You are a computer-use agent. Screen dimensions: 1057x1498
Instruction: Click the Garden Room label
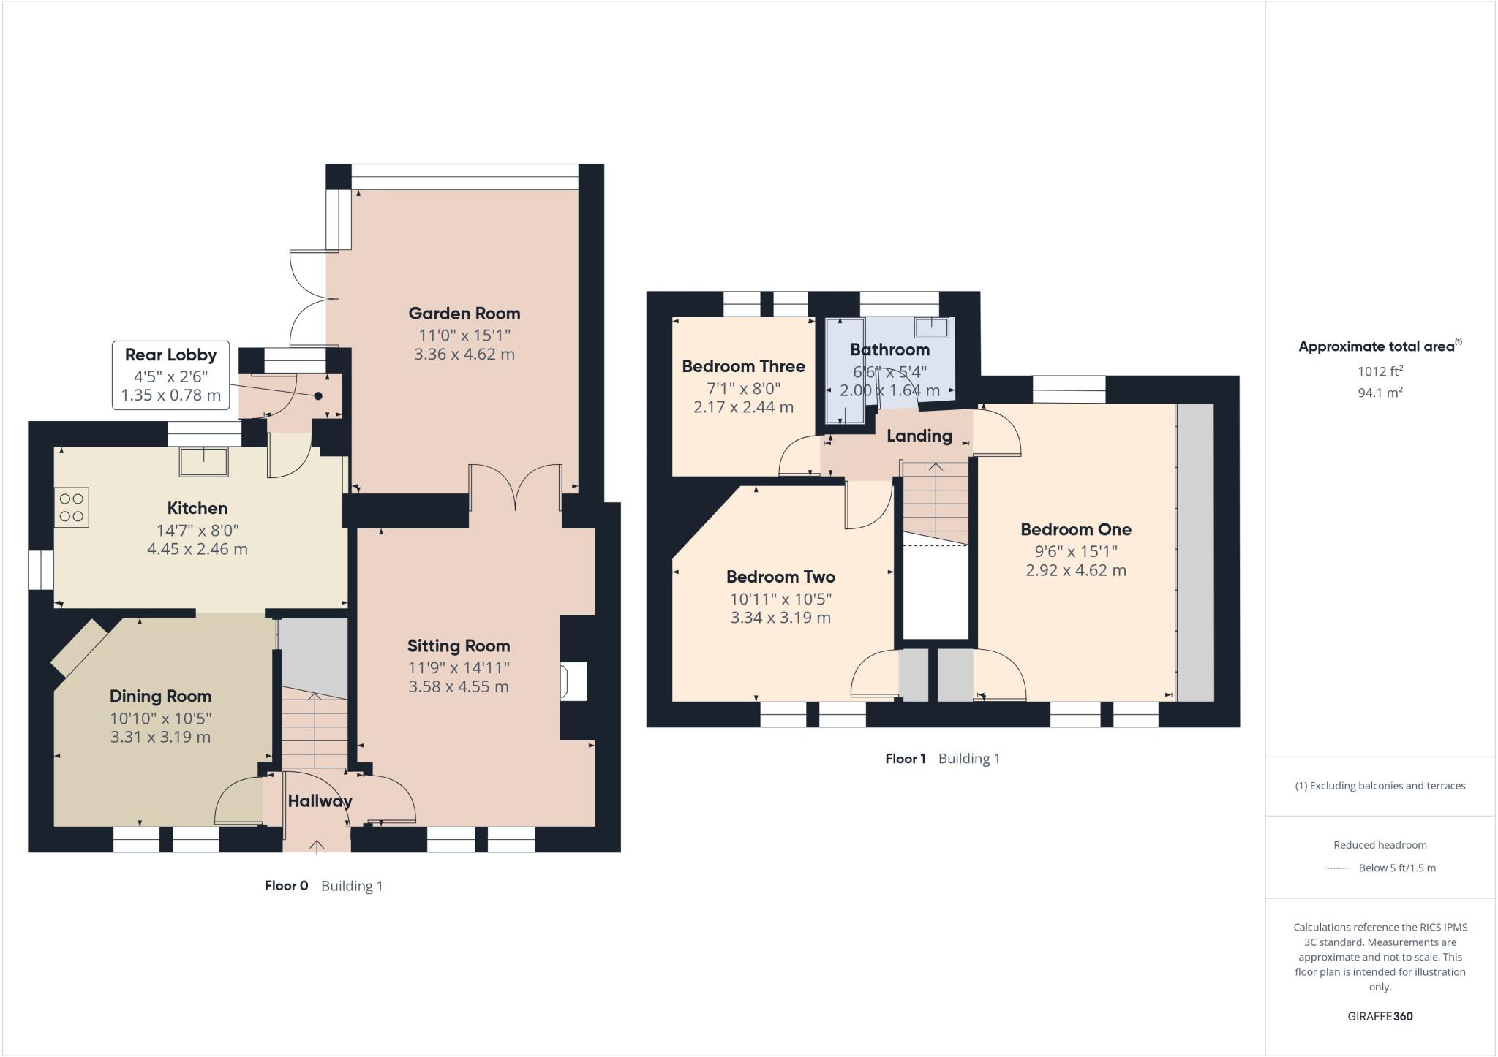tap(464, 314)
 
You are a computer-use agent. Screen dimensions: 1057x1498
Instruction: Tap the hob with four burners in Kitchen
tap(71, 507)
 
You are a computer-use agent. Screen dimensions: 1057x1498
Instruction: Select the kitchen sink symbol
tap(204, 461)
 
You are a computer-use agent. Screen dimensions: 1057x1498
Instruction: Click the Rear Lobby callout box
tap(170, 375)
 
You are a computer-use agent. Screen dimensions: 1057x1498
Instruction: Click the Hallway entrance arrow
tap(317, 846)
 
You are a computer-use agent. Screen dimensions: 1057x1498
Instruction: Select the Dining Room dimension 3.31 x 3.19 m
tap(160, 737)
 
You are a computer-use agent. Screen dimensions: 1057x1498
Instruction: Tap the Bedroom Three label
tap(743, 366)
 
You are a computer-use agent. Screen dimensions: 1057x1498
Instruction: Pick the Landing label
tap(919, 436)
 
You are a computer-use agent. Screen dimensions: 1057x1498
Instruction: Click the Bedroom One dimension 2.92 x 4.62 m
tap(1075, 570)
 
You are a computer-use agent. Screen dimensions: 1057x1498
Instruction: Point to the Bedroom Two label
tap(780, 577)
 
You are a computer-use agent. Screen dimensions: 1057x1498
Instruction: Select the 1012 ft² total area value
tap(1380, 371)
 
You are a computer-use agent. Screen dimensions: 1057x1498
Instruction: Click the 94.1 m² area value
tap(1380, 393)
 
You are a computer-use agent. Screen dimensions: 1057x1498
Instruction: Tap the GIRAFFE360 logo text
tap(1380, 1016)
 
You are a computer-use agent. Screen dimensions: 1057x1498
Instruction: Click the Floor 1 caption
tap(905, 759)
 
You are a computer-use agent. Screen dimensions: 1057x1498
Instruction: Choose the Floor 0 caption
tap(286, 886)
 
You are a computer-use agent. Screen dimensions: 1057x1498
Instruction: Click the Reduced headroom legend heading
tap(1380, 845)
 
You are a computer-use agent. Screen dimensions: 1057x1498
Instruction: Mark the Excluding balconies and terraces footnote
tap(1380, 786)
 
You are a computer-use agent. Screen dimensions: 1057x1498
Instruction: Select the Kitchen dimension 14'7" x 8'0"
tap(197, 530)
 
